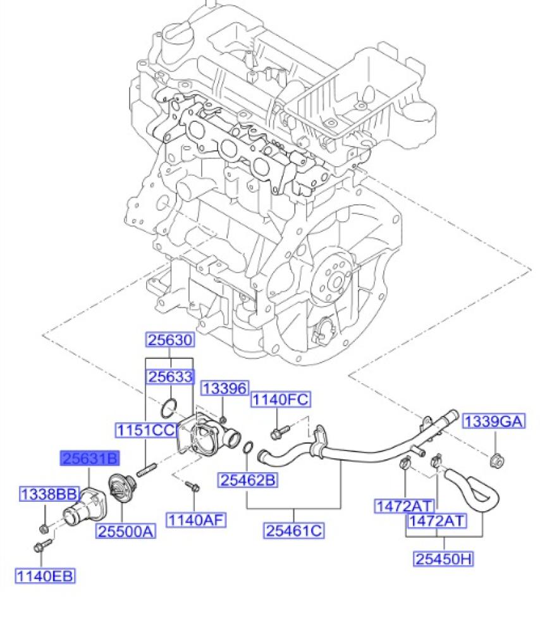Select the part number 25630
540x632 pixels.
click(170, 340)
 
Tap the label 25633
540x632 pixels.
click(170, 377)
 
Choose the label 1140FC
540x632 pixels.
click(280, 399)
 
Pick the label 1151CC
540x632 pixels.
click(145, 430)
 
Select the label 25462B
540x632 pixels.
click(249, 480)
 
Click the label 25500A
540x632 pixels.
click(126, 532)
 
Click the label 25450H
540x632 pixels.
click(445, 559)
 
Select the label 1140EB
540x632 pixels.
click(45, 575)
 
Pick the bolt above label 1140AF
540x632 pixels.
click(192, 487)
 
